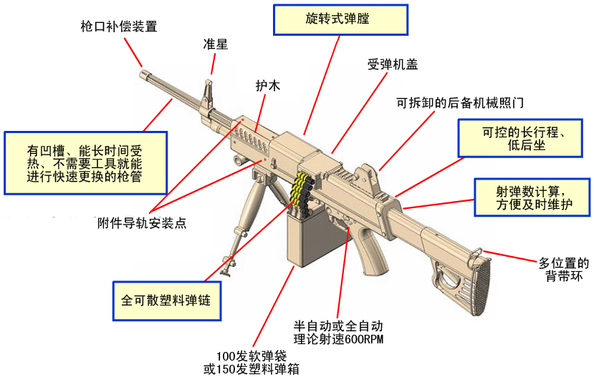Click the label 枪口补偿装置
click(118, 27)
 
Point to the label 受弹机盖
click(393, 64)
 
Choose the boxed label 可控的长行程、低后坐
click(524, 137)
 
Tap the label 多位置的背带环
click(564, 270)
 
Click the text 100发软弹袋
click(251, 356)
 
